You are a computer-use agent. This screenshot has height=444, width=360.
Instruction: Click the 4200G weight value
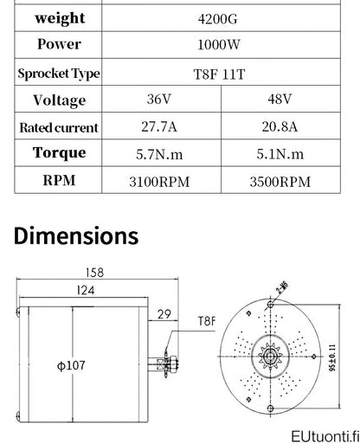pyautogui.click(x=218, y=19)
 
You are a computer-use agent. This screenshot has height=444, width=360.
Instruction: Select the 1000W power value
pyautogui.click(x=219, y=45)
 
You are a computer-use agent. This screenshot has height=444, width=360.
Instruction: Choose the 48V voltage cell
pyautogui.click(x=280, y=99)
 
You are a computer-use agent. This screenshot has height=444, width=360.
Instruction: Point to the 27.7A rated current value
pyautogui.click(x=159, y=126)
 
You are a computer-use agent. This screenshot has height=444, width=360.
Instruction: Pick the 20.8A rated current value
pyautogui.click(x=280, y=126)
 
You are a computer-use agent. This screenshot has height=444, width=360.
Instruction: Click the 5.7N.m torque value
pyautogui.click(x=159, y=154)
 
